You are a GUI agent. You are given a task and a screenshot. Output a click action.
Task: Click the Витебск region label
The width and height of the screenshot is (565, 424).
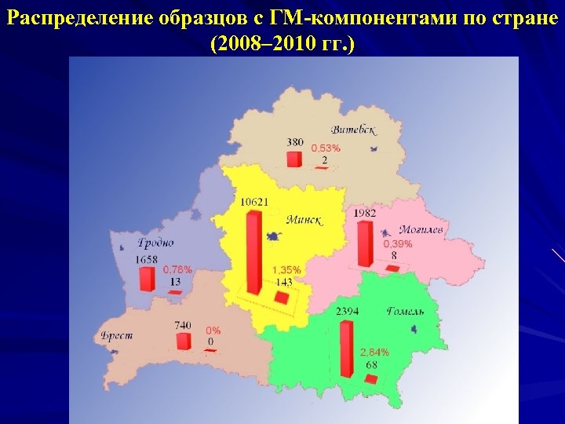click(354, 130)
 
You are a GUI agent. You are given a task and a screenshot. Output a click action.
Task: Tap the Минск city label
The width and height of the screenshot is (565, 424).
click(304, 219)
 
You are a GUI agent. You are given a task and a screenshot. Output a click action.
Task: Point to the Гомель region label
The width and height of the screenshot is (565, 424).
click(405, 312)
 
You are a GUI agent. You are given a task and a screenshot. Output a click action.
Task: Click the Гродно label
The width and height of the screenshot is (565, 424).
click(155, 243)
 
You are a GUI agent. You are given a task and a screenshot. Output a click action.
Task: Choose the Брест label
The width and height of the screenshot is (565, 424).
click(117, 335)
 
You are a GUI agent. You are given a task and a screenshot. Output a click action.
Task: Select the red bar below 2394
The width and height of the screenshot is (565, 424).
click(345, 349)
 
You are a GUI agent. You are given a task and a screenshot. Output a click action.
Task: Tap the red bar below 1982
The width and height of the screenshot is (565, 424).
click(364, 243)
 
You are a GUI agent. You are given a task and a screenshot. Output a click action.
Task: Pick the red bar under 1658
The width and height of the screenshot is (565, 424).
click(146, 279)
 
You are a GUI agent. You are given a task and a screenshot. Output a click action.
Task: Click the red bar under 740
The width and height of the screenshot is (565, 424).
click(184, 341)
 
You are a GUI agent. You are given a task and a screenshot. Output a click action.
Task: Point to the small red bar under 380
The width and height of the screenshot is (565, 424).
click(294, 159)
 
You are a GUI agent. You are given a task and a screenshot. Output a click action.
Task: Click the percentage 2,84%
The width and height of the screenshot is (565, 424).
click(374, 351)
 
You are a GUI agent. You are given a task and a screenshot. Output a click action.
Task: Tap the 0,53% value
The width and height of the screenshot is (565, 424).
click(326, 148)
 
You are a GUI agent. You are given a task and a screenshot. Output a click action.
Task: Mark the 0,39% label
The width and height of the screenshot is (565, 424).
click(397, 244)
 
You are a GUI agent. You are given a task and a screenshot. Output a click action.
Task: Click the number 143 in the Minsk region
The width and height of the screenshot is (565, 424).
click(283, 282)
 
